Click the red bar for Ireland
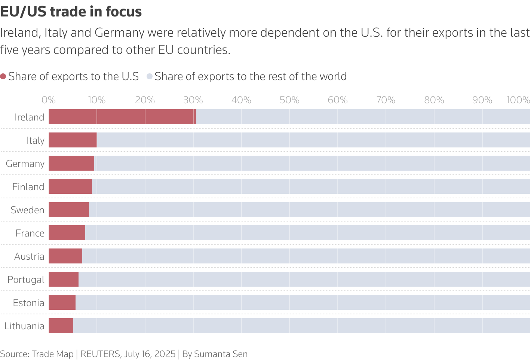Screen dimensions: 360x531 [x=122, y=117]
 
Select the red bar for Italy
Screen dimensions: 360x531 [x=73, y=140]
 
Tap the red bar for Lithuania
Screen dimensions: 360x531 [x=61, y=326]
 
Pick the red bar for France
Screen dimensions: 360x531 [x=67, y=233]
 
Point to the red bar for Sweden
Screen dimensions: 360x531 [x=69, y=210]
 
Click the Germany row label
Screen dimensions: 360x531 [x=25, y=164]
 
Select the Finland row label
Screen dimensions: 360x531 [x=28, y=187]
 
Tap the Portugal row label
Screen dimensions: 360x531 [x=26, y=280]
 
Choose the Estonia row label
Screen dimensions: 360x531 [x=28, y=303]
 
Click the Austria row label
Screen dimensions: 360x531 [x=29, y=256]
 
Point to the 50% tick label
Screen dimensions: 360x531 [x=289, y=100]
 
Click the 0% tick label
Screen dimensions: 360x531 [x=49, y=100]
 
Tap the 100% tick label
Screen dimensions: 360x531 [x=518, y=100]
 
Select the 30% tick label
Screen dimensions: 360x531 [x=193, y=100]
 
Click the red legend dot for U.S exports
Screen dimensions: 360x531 [x=3, y=77]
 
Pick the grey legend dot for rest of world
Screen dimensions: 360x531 [x=150, y=77]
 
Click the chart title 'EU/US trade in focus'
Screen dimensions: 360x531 [x=71, y=12]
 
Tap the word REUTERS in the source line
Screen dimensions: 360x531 [x=100, y=354]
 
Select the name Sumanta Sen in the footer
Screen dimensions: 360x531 [x=221, y=354]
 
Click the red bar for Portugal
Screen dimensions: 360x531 [x=64, y=279]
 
